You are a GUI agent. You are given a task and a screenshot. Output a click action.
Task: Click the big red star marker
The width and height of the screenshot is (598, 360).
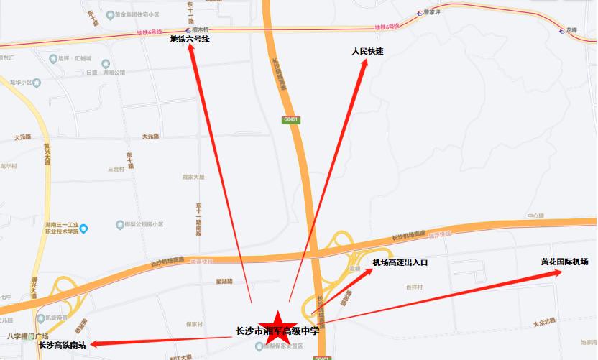(x=276, y=328)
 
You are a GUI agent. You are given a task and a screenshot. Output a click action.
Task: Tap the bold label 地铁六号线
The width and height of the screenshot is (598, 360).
(x=189, y=40)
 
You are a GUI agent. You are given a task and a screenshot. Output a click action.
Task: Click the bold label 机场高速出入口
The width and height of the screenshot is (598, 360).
(x=400, y=263)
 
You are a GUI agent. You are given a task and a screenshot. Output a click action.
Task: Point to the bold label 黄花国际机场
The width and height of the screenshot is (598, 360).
(x=565, y=262)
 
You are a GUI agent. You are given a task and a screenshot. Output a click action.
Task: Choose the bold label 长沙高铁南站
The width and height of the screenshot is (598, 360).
(x=62, y=345)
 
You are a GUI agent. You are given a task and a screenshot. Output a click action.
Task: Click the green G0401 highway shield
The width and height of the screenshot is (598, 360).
(x=291, y=119)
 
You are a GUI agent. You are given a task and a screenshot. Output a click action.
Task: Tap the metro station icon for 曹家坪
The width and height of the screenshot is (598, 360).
(x=418, y=12)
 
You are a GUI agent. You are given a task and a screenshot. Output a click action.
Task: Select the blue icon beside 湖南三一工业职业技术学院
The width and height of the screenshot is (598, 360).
(x=84, y=229)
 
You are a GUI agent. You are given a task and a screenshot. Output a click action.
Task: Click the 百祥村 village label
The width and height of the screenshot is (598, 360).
(x=413, y=287)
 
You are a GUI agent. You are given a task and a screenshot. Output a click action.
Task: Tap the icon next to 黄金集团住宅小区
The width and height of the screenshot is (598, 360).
(x=109, y=14)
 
